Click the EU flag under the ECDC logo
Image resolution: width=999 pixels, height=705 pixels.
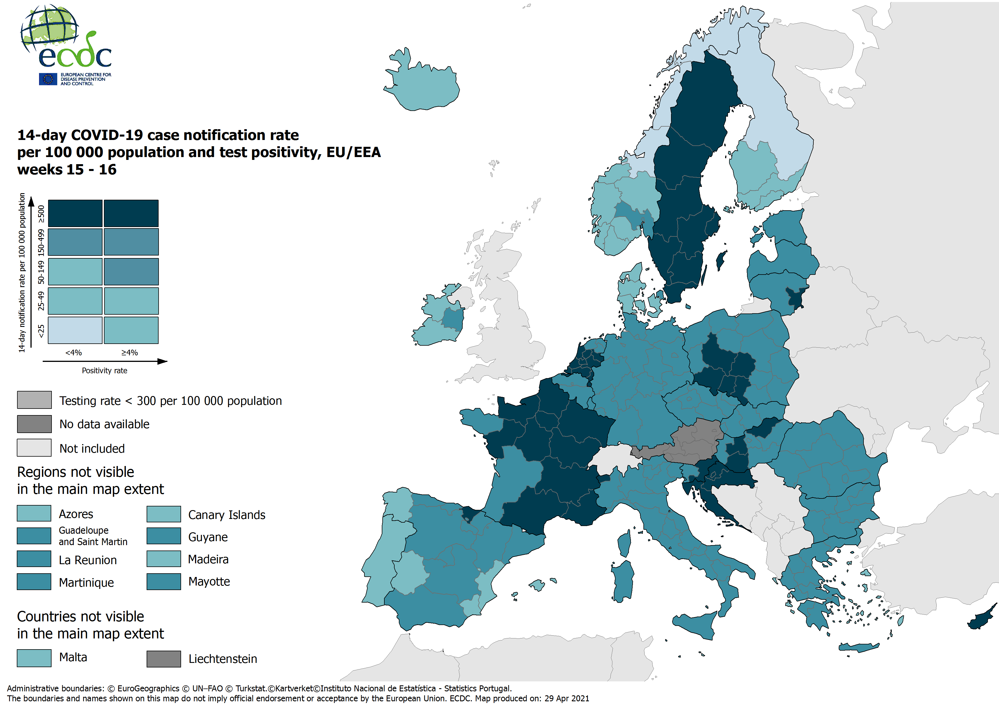(x=48, y=79)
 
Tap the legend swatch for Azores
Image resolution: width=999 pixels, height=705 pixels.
(x=34, y=513)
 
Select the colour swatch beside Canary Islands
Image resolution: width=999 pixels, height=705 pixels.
(x=164, y=514)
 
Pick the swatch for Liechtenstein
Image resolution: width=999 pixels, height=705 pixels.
(x=164, y=658)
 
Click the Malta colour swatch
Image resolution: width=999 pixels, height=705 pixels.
(x=34, y=657)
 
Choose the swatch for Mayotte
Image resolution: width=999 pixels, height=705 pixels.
(x=164, y=582)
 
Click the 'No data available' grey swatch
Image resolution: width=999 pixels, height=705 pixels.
(x=34, y=424)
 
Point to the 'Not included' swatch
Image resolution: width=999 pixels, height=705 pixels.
(x=34, y=448)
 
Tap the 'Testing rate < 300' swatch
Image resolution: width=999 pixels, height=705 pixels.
(x=34, y=400)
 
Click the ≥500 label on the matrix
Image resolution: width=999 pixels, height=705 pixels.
(x=41, y=214)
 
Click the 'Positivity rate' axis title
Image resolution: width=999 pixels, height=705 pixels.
(x=104, y=370)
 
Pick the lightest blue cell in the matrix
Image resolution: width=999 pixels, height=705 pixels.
(x=75, y=330)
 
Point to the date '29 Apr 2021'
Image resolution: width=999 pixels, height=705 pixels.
(x=567, y=698)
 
